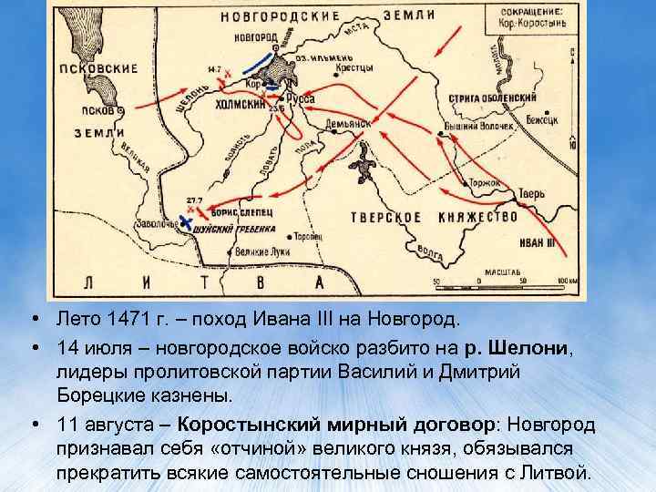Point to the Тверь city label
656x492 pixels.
tap(530, 194)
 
